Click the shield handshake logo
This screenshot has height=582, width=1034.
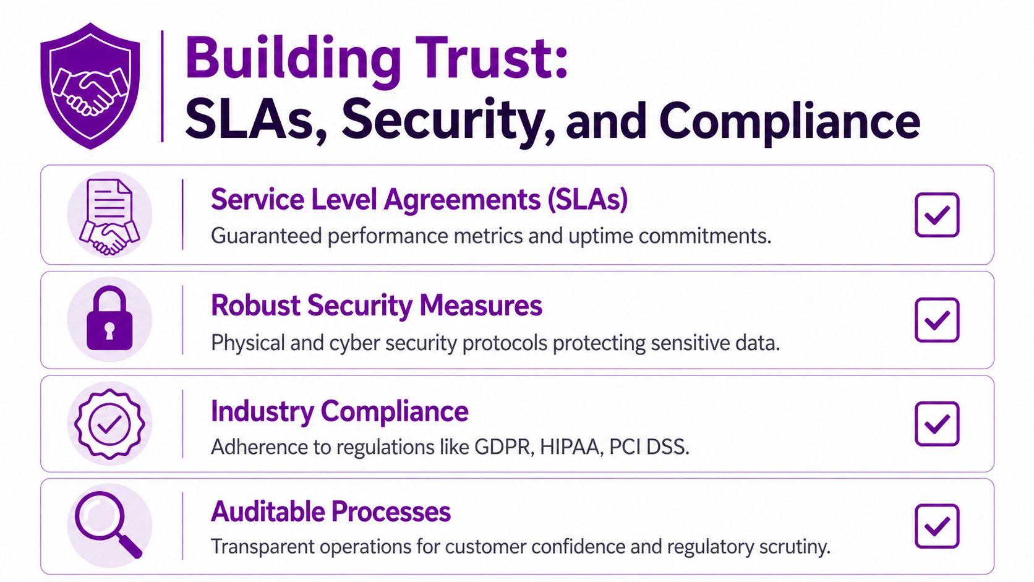(x=90, y=86)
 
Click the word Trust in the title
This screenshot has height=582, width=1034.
(x=492, y=58)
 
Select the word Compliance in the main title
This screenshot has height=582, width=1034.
(x=790, y=121)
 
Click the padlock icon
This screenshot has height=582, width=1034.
(x=109, y=320)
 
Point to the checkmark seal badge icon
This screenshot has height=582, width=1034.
(x=109, y=424)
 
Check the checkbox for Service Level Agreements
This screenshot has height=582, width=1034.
(x=936, y=215)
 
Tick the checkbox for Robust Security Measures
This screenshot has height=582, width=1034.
(x=936, y=320)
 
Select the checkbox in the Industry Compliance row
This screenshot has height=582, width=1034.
(x=936, y=424)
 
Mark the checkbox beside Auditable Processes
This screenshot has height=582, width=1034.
(x=936, y=526)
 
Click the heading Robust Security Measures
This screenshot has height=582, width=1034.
(x=376, y=306)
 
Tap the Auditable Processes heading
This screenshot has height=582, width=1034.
(x=331, y=511)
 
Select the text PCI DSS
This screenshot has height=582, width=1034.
(x=649, y=447)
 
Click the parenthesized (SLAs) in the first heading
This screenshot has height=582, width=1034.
(x=587, y=200)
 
